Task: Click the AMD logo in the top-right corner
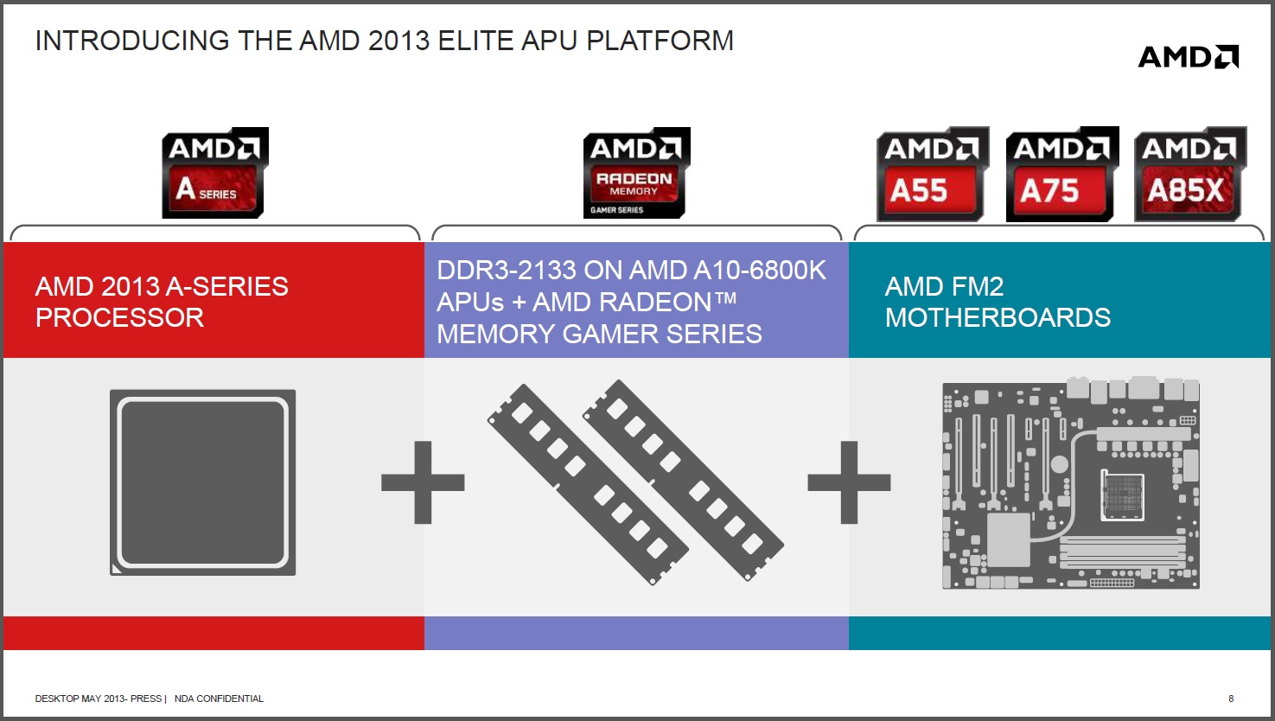coord(1188,57)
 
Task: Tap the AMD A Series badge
coord(215,173)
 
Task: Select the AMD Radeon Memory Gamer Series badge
coord(636,173)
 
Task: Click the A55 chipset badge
coord(933,174)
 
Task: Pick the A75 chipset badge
coord(1062,174)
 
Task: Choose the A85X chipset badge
coord(1190,174)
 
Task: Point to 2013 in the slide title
coord(398,41)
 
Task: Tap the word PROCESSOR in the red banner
coord(119,317)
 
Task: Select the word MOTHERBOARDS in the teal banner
coord(998,317)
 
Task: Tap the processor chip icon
coord(202,482)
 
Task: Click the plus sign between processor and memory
coord(423,482)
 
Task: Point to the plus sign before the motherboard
coord(849,482)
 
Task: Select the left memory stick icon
coord(588,484)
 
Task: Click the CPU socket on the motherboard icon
coord(1123,495)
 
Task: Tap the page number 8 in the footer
coord(1231,699)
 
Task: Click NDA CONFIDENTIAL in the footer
coord(219,699)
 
